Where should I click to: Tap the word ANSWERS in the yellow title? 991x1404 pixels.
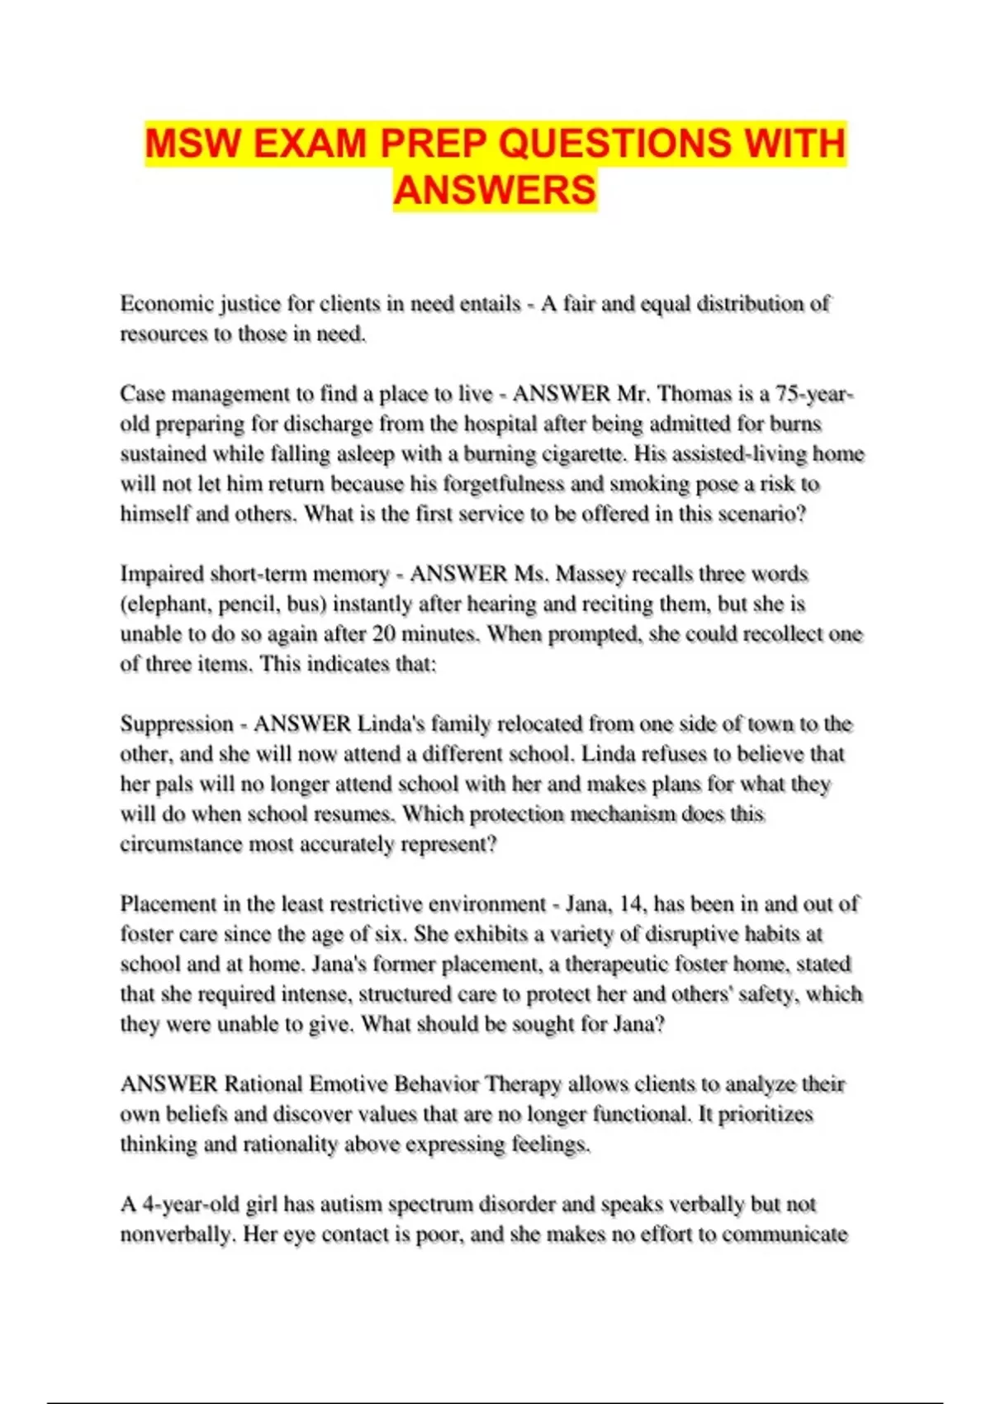(x=495, y=190)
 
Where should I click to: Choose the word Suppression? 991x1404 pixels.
(x=177, y=724)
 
